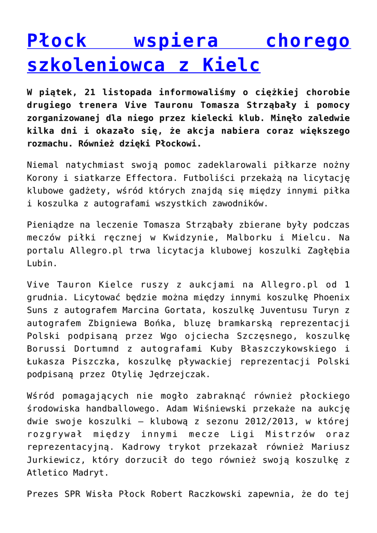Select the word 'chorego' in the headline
tap(308, 41)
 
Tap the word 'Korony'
tap(42, 178)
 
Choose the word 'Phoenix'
tap(330, 297)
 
